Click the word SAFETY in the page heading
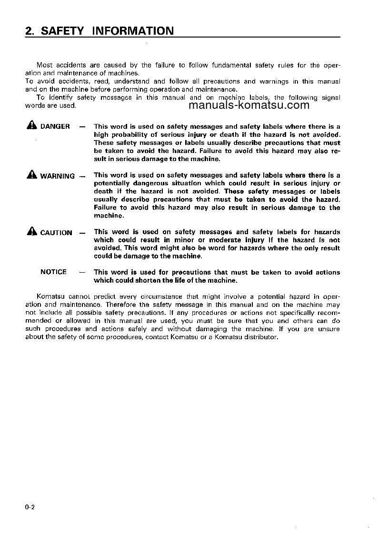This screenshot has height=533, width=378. pos(62,31)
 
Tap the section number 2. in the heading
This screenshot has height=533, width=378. pos(31,31)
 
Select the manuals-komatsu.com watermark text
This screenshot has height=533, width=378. pos(249,105)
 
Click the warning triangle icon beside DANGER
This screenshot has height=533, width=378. pos(32,126)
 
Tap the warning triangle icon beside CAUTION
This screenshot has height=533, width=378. pos(32,232)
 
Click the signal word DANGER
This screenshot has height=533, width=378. pos(55,126)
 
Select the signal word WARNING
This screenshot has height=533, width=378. pos(58,176)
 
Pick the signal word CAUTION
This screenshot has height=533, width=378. pos(56,233)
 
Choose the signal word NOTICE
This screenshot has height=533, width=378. pos(54,272)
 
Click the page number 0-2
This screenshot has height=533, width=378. pos(30,508)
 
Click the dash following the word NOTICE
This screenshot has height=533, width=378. pos(82,272)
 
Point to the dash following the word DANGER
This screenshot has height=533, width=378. pos(82,126)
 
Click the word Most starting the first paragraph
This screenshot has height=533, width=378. pos(45,65)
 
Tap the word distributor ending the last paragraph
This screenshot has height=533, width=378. pos(261,337)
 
